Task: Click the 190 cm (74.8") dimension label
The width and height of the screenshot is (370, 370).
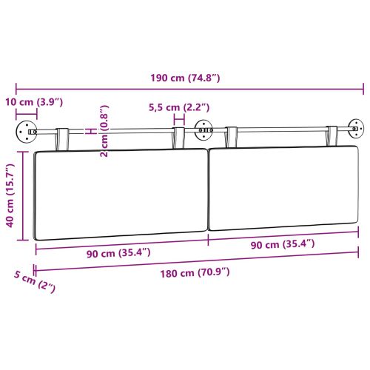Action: coord(191,76)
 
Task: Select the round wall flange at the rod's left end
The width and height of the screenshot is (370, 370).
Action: coord(26,134)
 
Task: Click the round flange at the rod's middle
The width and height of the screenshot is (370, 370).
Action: coord(203,132)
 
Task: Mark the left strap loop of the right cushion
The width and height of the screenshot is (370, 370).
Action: coord(232,135)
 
